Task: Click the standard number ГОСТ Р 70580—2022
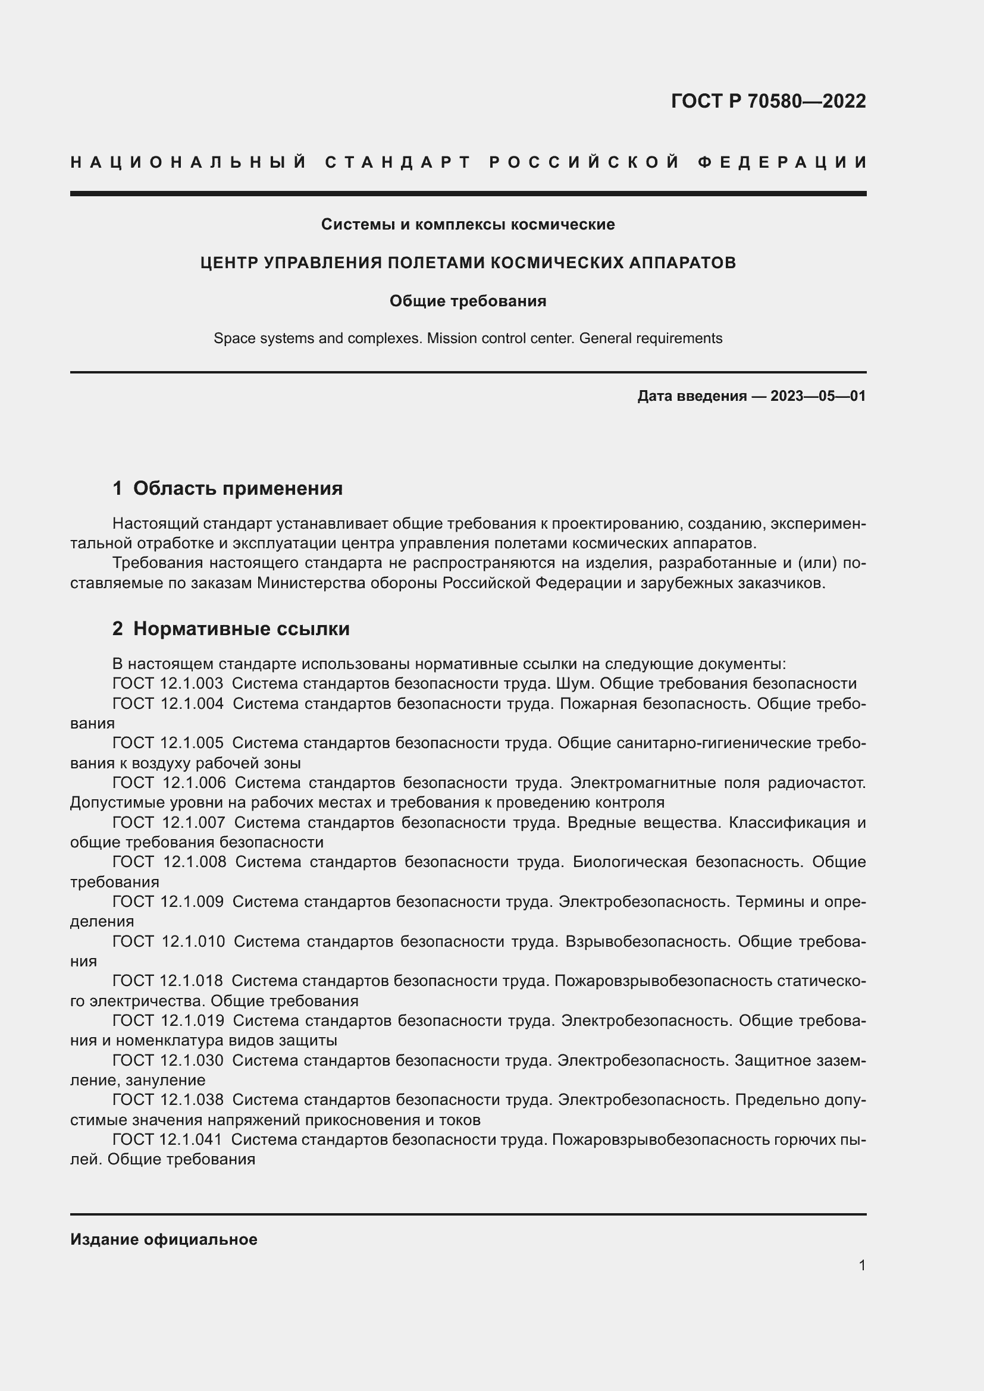pos(768,101)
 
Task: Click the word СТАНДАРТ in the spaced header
pos(398,162)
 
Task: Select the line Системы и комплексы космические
pos(468,225)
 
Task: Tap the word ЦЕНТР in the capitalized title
pos(230,263)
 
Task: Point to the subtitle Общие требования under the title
pos(468,301)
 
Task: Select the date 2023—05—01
pos(817,396)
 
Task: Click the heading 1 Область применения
pos(228,488)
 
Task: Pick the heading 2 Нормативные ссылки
pos(231,628)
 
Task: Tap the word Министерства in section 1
pos(306,583)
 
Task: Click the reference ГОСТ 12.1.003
pos(167,684)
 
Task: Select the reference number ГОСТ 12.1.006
pos(169,783)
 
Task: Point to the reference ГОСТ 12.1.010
pos(168,941)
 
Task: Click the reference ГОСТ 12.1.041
pos(167,1139)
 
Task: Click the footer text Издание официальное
pos(164,1239)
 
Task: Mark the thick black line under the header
pos(468,194)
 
